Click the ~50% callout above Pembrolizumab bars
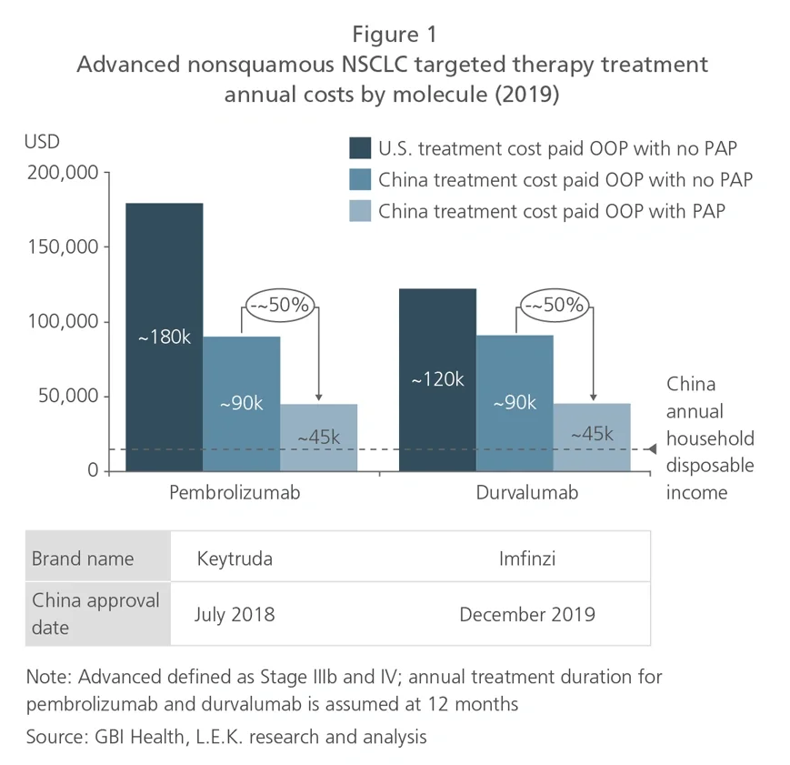pyautogui.click(x=279, y=306)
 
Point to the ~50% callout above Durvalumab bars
pyautogui.click(x=553, y=306)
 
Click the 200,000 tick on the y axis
pyautogui.click(x=61, y=173)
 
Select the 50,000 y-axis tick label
pyautogui.click(x=65, y=397)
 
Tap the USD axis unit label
pyautogui.click(x=42, y=142)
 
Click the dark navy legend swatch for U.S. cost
pyautogui.click(x=361, y=149)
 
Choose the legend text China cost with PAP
pyautogui.click(x=556, y=211)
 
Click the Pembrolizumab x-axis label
pyautogui.click(x=235, y=493)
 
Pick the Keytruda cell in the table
pyautogui.click(x=234, y=558)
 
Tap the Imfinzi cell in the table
pyautogui.click(x=527, y=558)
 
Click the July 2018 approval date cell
pyautogui.click(x=235, y=614)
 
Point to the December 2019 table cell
pyautogui.click(x=527, y=614)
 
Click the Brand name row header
pyautogui.click(x=83, y=558)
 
